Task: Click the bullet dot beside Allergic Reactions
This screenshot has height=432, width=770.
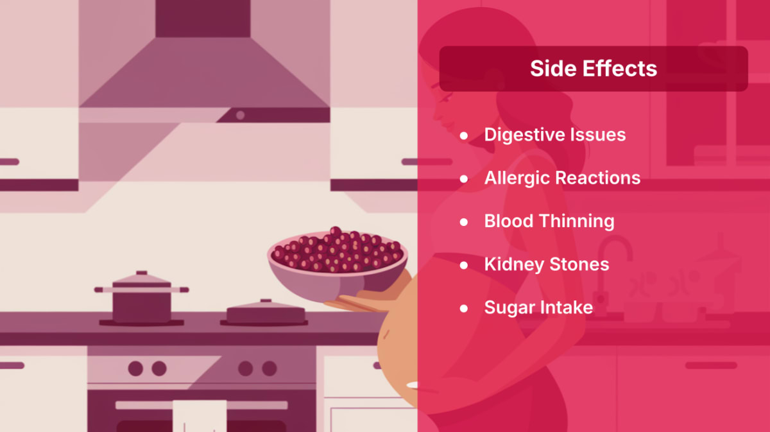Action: [464, 179]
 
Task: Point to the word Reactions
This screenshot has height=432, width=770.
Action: [598, 178]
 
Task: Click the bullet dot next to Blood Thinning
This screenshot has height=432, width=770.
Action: [464, 222]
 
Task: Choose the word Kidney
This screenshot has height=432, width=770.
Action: [514, 265]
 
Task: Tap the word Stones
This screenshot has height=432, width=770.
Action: [579, 264]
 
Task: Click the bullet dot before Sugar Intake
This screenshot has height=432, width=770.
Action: [464, 309]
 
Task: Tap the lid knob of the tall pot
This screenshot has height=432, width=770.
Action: [142, 273]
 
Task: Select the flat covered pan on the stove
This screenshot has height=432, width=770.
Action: [266, 313]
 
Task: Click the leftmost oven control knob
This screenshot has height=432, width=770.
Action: [135, 368]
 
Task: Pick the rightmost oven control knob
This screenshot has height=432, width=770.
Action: [269, 368]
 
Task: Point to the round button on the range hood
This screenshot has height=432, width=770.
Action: [240, 116]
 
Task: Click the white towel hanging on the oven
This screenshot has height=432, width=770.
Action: [200, 416]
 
